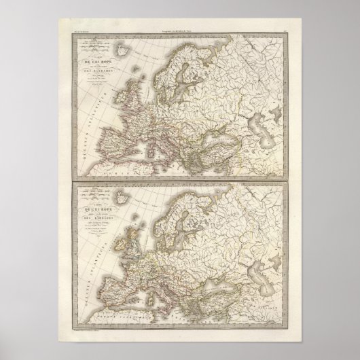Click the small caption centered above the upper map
pyautogui.click(x=179, y=26)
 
